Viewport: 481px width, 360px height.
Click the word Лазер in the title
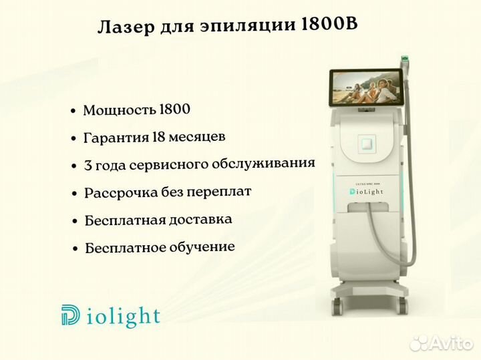[126, 26]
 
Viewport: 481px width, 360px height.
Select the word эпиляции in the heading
[248, 26]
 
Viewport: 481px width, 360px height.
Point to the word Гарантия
[116, 138]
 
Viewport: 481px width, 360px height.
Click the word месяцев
[197, 137]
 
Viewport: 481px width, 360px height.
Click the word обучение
[202, 247]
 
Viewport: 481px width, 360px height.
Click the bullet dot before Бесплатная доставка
[75, 221]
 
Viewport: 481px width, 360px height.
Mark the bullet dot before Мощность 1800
[73, 111]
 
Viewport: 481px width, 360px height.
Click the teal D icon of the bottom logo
[70, 315]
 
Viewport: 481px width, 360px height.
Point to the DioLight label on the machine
[366, 192]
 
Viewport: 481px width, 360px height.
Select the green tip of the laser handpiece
[406, 57]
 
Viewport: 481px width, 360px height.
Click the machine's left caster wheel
[337, 305]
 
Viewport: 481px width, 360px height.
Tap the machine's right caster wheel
[403, 305]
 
